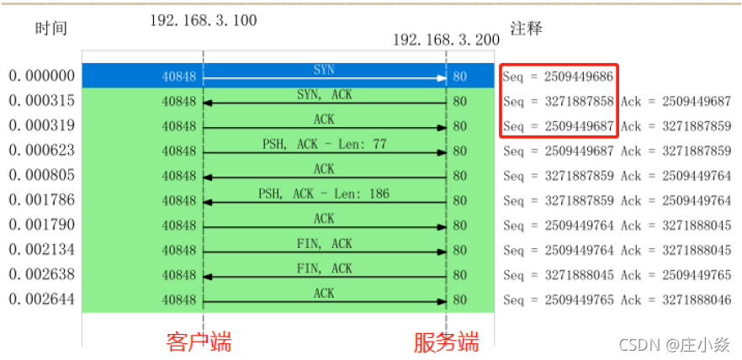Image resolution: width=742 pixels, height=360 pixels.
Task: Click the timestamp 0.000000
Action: (x=42, y=77)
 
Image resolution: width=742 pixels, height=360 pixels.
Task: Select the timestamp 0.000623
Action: (x=42, y=151)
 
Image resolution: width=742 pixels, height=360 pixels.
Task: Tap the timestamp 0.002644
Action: (x=42, y=299)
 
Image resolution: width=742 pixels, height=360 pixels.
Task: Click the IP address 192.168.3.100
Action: (x=204, y=20)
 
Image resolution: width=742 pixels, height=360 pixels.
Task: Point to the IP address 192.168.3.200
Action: (x=446, y=40)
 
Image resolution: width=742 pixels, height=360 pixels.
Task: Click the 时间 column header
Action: (x=50, y=29)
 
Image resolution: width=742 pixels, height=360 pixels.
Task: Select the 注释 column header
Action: (x=526, y=29)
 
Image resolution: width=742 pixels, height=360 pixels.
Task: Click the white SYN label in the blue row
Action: (x=324, y=69)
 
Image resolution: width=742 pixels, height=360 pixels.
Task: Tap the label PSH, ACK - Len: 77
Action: (x=324, y=144)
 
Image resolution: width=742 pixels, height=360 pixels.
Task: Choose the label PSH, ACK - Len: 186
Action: (x=324, y=193)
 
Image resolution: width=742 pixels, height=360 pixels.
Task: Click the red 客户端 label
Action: (x=199, y=341)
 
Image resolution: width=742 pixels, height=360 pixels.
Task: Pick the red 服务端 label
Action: (x=446, y=341)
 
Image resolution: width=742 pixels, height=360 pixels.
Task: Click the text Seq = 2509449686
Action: (x=558, y=77)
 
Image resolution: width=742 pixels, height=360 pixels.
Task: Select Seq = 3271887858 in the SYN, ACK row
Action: (x=558, y=102)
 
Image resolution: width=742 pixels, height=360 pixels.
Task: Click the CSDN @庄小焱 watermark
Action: (x=674, y=343)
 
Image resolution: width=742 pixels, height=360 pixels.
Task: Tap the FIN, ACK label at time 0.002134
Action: (x=324, y=243)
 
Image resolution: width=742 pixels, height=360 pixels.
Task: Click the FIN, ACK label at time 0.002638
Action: (x=324, y=268)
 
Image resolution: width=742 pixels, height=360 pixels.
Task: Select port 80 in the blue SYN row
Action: (x=459, y=77)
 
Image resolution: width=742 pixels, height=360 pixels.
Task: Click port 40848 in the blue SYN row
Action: (x=179, y=77)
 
